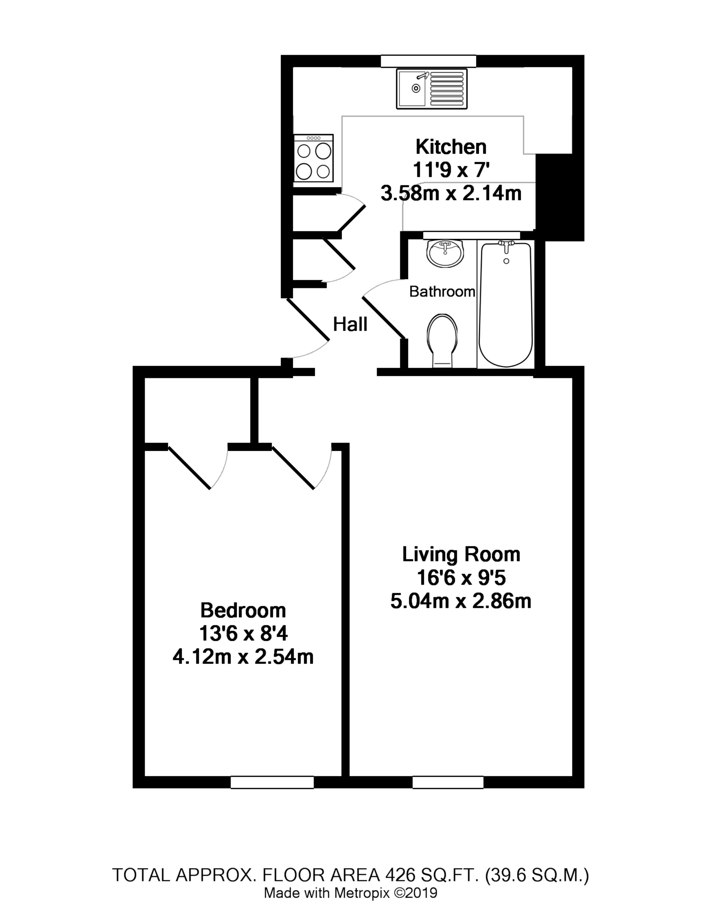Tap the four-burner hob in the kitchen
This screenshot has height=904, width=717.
(313, 158)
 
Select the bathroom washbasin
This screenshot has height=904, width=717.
(445, 253)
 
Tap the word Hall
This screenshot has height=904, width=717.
(350, 324)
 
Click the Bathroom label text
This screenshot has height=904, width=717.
(442, 291)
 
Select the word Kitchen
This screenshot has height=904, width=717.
(451, 147)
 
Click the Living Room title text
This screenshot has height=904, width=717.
(461, 554)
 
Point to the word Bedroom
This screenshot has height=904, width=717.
(243, 610)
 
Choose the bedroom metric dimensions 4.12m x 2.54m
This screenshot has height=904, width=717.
(243, 656)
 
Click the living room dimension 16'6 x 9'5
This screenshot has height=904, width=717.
(461, 578)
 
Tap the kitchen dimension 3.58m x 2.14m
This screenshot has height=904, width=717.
(451, 193)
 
